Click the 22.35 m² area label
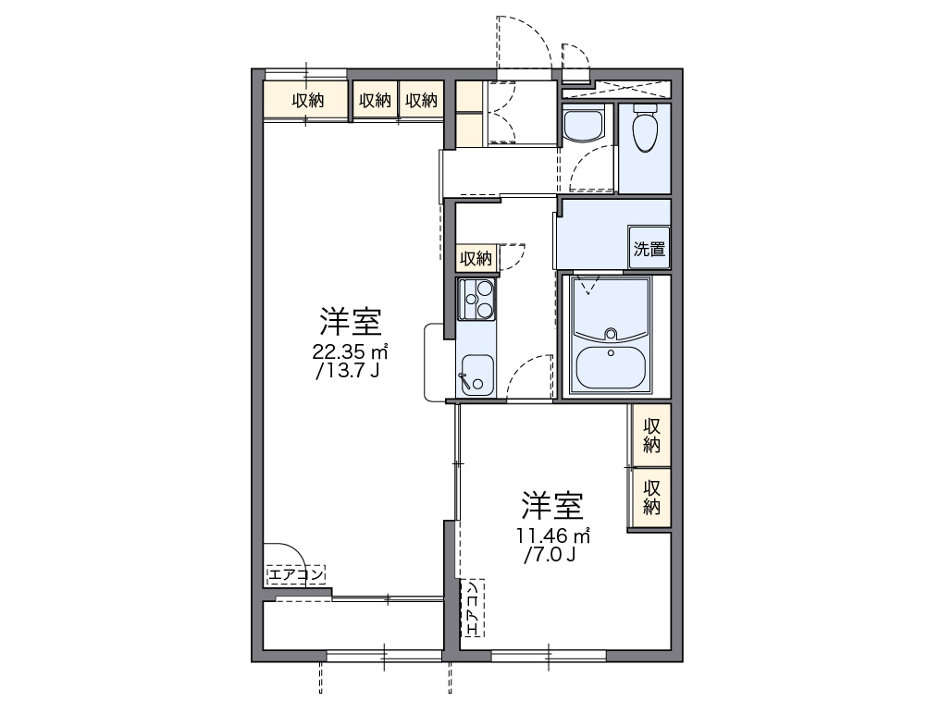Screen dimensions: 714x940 pos(350,351)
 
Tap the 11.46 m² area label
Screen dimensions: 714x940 pos(553,535)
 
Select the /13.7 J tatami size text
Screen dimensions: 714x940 pos(348,371)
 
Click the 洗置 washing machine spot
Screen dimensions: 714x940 pos(649,248)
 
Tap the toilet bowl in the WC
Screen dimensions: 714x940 pos(645,130)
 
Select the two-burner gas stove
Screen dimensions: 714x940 pos(477,299)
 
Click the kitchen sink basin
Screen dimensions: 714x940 pos(477,375)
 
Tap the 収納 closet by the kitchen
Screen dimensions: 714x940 pos(476,258)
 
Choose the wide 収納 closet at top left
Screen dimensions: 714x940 pos(307,101)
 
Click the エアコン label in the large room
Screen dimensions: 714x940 pos(296,575)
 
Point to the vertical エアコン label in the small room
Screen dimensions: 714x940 pos(472,608)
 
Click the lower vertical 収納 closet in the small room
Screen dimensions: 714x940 pos(651,495)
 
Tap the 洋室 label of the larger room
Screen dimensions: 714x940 pos(350,322)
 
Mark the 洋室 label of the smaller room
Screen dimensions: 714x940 pos(551,505)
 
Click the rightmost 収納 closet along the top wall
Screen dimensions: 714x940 pos(421,101)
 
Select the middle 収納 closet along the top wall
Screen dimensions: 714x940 pos(375,101)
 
